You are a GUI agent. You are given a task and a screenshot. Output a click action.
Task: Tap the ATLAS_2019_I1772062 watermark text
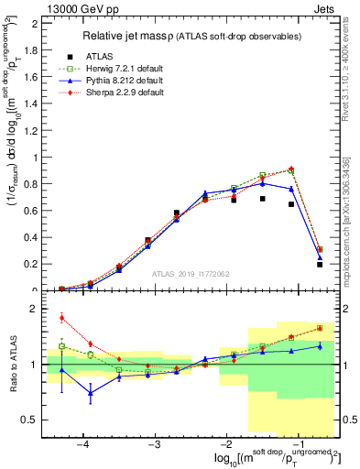point(191,274)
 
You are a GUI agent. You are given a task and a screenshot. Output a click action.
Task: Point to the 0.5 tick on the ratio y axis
point(37,420)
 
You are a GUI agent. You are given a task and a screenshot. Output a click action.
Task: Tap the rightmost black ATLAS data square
point(320,264)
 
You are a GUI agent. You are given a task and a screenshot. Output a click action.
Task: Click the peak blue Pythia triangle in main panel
point(263,183)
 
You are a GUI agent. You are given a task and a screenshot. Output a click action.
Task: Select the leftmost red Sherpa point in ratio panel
point(61,318)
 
